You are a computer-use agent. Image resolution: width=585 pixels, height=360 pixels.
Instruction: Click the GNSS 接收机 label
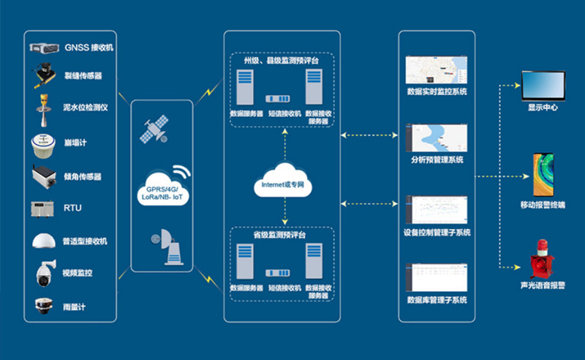(x=89, y=48)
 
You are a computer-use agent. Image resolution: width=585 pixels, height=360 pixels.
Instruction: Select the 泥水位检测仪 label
(x=86, y=108)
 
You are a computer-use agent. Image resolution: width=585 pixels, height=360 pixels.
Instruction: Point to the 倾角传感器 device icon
(x=45, y=176)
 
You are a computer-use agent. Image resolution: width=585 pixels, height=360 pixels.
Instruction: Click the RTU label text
(x=72, y=209)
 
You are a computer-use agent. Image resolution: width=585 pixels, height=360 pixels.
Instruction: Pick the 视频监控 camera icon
(x=45, y=273)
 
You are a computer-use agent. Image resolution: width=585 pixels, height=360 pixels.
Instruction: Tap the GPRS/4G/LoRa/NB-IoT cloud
(x=160, y=189)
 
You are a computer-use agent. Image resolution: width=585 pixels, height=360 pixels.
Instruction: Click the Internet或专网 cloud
(x=284, y=185)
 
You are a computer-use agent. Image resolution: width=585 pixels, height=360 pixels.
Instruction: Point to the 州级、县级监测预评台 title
(x=282, y=61)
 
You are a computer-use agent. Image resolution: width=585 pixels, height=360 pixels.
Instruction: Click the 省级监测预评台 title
(x=282, y=236)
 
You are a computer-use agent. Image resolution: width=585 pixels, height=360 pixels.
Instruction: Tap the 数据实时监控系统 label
(x=437, y=92)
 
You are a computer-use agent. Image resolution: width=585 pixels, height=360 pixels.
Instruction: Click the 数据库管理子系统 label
(x=437, y=300)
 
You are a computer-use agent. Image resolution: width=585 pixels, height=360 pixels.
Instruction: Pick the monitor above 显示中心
(x=543, y=86)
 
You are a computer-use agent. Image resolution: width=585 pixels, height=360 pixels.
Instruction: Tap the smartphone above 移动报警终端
(x=543, y=174)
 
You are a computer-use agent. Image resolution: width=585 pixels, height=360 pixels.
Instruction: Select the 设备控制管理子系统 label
(x=437, y=233)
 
